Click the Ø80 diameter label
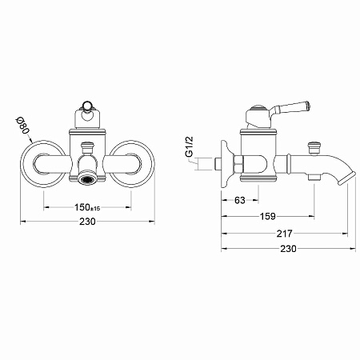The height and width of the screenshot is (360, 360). [22, 126]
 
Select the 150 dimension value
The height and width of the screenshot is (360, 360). [82, 207]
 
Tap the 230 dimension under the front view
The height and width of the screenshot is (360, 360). [87, 222]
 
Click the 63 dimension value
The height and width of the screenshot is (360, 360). [240, 200]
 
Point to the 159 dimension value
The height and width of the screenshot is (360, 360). [267, 216]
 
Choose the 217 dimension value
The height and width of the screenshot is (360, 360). [285, 234]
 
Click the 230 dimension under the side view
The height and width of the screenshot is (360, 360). [288, 249]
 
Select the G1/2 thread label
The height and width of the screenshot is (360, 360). [190, 147]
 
